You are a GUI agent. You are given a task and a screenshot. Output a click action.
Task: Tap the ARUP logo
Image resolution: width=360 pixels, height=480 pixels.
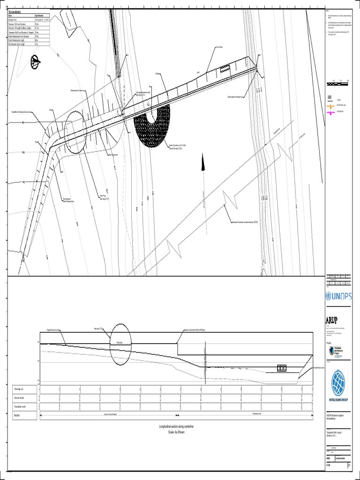tap(335, 320)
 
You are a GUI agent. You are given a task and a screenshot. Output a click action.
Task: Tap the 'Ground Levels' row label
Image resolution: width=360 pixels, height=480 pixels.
tap(20, 398)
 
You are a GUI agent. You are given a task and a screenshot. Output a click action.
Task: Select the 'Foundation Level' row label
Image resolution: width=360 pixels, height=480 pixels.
tap(21, 406)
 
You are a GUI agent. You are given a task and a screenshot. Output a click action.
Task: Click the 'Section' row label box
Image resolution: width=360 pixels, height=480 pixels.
tap(17, 415)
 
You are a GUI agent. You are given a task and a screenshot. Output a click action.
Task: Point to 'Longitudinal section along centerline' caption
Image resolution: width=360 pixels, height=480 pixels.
tap(176, 426)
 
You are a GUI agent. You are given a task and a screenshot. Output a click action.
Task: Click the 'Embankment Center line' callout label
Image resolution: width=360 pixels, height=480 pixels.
tap(80, 90)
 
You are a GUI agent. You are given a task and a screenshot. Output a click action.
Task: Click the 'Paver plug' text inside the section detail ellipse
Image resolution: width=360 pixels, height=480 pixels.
tap(120, 343)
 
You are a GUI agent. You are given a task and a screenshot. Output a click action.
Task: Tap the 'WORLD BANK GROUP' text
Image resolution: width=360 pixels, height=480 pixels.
tap(338, 400)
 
